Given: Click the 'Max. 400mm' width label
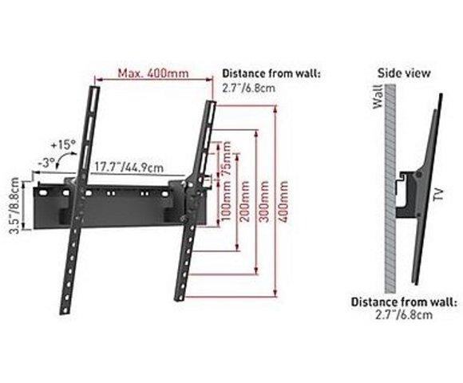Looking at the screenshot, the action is [x=153, y=73].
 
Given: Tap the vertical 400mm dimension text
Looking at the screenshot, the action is [x=283, y=202].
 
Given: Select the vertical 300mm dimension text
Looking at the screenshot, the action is [x=263, y=202].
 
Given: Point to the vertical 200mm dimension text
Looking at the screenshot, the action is [x=244, y=202].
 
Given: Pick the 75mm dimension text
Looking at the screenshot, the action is [x=227, y=158].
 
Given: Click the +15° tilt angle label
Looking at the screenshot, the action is [x=63, y=145].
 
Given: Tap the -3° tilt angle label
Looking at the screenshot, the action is [x=46, y=162].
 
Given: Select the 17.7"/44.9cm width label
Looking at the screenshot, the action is [x=129, y=168].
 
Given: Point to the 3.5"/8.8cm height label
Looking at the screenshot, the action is [x=14, y=205].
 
